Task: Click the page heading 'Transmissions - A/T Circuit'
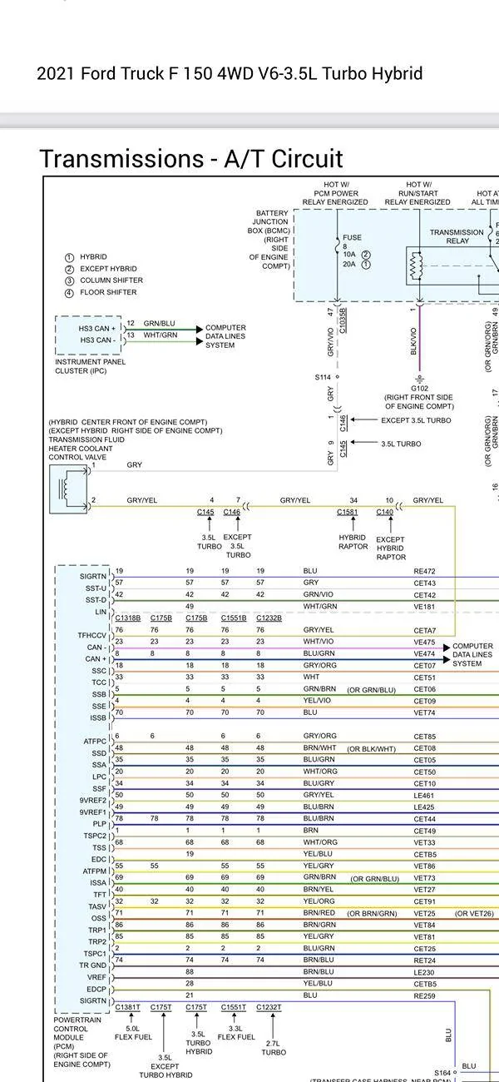point(191,158)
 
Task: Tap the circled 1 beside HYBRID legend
point(70,257)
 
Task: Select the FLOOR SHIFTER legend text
point(108,292)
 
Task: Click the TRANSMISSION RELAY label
point(457,236)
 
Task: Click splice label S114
point(323,377)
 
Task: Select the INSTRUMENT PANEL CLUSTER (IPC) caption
point(90,366)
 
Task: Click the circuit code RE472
point(424,572)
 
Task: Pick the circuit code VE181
point(424,607)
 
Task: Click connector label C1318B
point(128,618)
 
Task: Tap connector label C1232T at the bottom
point(269,1007)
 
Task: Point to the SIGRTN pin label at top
point(93,576)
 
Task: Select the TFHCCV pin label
point(92,635)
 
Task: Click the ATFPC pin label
point(95,741)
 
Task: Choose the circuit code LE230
point(424,972)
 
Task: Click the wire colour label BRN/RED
point(319,913)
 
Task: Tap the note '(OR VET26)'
point(474,913)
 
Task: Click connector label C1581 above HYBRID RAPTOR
point(347,512)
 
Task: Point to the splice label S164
point(442,1072)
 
